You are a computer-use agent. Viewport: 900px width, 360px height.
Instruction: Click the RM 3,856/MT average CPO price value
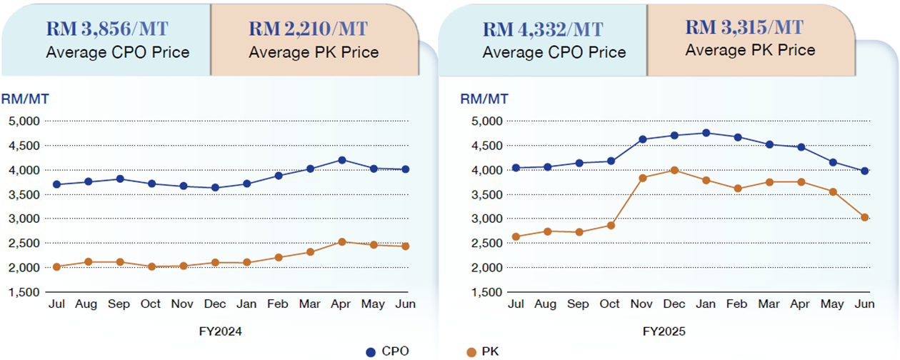pyautogui.click(x=107, y=29)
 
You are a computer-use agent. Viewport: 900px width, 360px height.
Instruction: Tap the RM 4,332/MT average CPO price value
pyautogui.click(x=543, y=29)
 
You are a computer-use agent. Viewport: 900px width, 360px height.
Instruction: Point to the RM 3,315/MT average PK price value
pyautogui.click(x=745, y=27)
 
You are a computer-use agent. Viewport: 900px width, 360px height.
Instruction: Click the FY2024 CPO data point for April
pyautogui.click(x=342, y=160)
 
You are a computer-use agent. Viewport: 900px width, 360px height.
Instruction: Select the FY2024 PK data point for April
pyautogui.click(x=342, y=242)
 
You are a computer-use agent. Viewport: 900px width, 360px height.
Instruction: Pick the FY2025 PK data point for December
pyautogui.click(x=674, y=170)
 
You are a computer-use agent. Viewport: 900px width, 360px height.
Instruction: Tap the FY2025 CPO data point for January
pyautogui.click(x=706, y=133)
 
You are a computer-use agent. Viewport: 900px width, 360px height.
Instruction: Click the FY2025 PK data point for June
pyautogui.click(x=864, y=217)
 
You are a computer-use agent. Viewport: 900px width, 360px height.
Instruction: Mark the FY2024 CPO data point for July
pyautogui.click(x=56, y=184)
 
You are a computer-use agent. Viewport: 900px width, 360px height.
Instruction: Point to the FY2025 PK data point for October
pyautogui.click(x=611, y=225)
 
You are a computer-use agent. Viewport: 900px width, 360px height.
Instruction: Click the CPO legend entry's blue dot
pyautogui.click(x=370, y=351)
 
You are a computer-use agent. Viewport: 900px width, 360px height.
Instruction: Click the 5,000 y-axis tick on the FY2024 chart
pyautogui.click(x=24, y=121)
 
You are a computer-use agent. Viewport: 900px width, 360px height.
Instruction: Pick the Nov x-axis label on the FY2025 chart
pyautogui.click(x=642, y=304)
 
